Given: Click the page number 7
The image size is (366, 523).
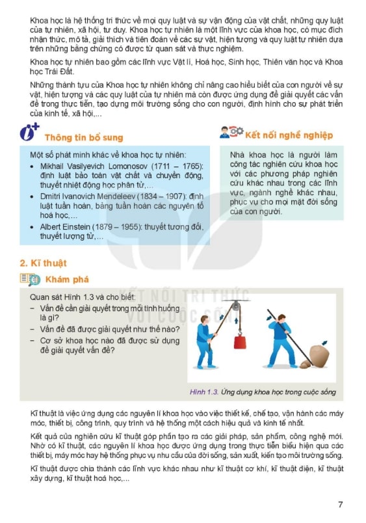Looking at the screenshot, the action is [x=340, y=504].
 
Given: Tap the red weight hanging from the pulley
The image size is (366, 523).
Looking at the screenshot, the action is [x=240, y=342].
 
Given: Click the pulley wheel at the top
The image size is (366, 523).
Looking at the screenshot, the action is [x=236, y=306].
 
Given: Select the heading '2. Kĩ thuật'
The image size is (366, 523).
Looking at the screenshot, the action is [x=44, y=263].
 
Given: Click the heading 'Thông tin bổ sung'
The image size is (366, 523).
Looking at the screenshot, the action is [x=84, y=137].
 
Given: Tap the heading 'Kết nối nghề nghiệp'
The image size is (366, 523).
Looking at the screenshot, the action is [x=289, y=135].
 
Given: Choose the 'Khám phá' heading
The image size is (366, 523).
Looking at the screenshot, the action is [x=67, y=280].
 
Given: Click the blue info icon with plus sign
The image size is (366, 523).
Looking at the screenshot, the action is [x=29, y=132].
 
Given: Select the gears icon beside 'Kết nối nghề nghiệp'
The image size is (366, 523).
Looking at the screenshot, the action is [x=237, y=131].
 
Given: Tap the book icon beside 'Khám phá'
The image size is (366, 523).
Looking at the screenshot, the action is [x=30, y=279].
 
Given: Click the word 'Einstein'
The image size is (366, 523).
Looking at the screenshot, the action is [x=78, y=227].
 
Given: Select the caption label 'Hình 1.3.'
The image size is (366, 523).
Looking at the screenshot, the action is [x=204, y=392].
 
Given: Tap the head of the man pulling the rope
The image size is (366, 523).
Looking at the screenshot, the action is [x=204, y=319].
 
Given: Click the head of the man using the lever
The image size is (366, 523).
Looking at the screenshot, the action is [x=281, y=319].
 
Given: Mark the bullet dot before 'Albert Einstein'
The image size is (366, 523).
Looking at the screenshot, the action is [x=32, y=228].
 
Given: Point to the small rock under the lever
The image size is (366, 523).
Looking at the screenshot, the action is [x=305, y=364].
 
